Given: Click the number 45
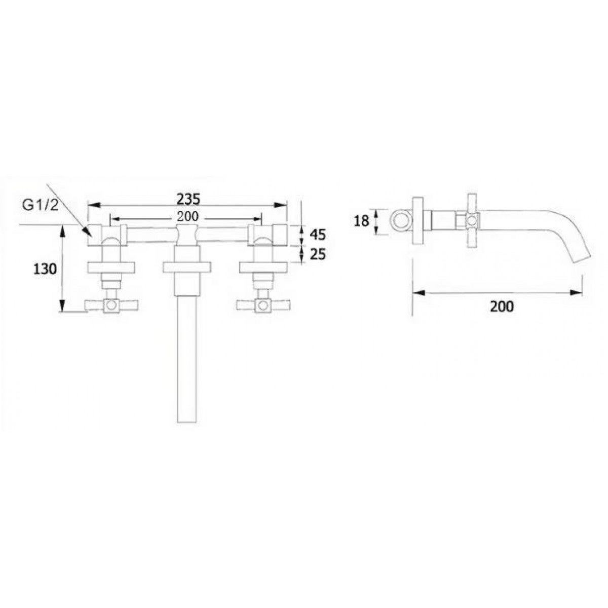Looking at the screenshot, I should click(x=317, y=235).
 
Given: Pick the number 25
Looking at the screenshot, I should click(x=317, y=254).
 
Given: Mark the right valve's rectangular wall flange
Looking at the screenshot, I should click(x=262, y=267).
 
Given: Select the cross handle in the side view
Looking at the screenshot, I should click(x=472, y=220).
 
